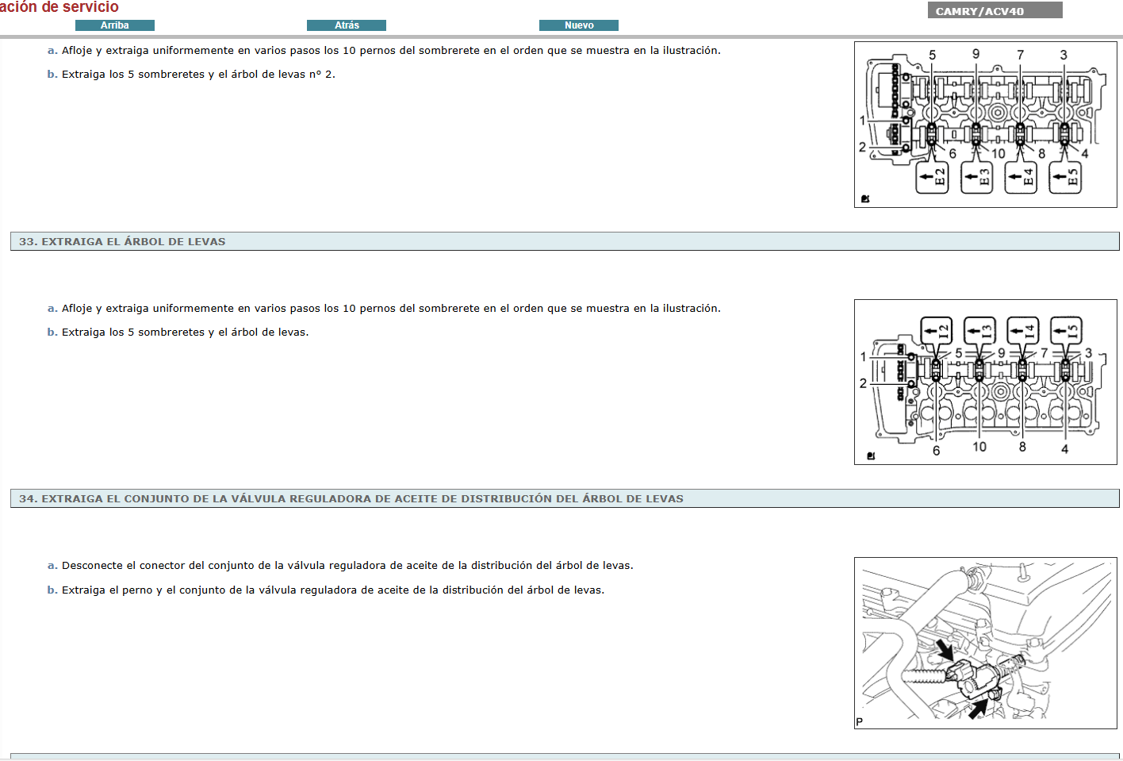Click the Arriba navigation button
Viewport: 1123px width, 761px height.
click(x=115, y=25)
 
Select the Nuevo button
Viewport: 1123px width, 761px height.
click(x=579, y=25)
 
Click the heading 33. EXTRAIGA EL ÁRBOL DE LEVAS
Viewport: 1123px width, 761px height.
click(x=122, y=241)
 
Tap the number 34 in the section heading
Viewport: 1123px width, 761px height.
click(x=27, y=498)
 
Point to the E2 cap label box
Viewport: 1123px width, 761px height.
click(x=933, y=177)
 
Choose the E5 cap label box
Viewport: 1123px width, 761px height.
click(x=1065, y=177)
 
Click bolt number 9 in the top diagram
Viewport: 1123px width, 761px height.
click(x=975, y=54)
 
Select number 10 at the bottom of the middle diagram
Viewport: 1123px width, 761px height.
click(x=979, y=447)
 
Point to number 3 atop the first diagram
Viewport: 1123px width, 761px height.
click(x=1064, y=55)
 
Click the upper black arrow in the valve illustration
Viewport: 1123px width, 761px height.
click(x=945, y=650)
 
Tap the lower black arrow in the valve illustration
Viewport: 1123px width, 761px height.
click(x=979, y=707)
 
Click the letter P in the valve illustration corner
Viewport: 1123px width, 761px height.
click(x=860, y=721)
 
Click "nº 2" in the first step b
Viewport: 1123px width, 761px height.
click(x=322, y=75)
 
